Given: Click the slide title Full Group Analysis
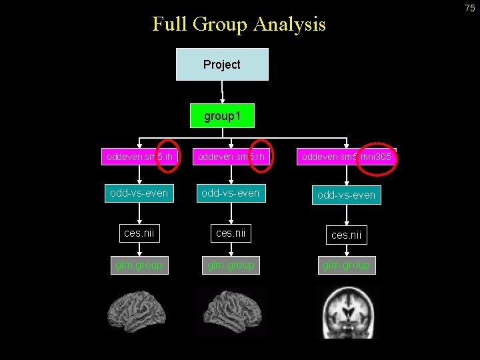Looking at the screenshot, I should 239,24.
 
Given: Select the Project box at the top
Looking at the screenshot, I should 222,65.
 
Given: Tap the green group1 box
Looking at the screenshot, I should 221,117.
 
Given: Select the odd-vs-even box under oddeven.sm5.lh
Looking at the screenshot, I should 139,193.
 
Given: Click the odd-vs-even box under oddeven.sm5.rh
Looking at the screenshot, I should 231,193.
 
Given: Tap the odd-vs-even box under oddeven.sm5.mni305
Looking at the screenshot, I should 346,195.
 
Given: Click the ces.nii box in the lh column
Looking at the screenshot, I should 139,233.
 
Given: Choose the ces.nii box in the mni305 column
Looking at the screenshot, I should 346,234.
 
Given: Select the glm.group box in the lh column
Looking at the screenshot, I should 139,265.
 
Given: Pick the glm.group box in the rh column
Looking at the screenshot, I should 231,265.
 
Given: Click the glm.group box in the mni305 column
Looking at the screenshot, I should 346,265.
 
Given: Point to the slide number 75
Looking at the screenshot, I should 470,7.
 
